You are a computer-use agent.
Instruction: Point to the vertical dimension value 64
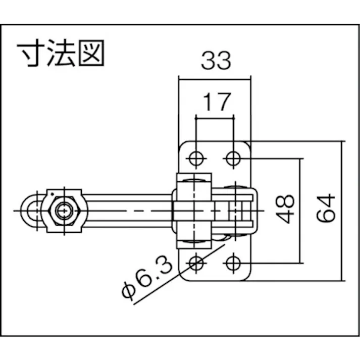[326, 208]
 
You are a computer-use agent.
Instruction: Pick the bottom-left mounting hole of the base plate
[196, 263]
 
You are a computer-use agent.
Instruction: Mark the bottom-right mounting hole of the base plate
[233, 263]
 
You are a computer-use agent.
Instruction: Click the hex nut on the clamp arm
[64, 211]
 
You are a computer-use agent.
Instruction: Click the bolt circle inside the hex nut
[64, 211]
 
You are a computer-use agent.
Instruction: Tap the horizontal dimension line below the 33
[215, 78]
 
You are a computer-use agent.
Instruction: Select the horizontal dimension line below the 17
[215, 118]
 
